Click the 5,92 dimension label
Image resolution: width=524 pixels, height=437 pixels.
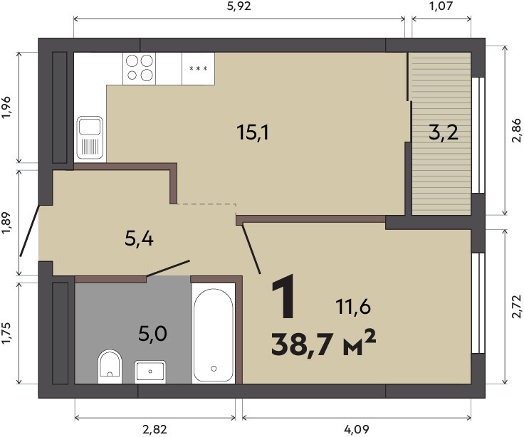click(x=239, y=6)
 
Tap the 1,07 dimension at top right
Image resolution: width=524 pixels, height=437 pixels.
click(x=441, y=6)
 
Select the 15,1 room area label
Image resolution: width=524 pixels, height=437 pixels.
click(x=252, y=132)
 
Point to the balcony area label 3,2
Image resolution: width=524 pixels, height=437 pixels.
click(x=443, y=133)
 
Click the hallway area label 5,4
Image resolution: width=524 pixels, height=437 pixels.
click(x=139, y=238)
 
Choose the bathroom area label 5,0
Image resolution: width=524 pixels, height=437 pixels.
click(x=152, y=333)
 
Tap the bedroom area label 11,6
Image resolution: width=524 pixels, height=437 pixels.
click(x=353, y=307)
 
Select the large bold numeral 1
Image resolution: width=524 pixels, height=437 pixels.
click(x=283, y=296)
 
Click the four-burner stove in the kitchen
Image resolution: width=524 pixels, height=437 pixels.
click(x=140, y=68)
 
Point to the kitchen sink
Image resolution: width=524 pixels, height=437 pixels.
click(x=90, y=137)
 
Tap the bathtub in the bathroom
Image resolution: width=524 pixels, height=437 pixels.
click(x=214, y=334)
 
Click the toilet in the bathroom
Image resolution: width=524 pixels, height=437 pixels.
click(x=110, y=367)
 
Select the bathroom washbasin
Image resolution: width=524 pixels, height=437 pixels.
click(x=150, y=372)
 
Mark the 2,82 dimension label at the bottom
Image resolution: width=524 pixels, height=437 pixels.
click(x=154, y=429)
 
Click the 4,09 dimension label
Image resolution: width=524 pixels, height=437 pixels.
click(x=356, y=429)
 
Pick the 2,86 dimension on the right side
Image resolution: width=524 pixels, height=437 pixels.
click(x=516, y=130)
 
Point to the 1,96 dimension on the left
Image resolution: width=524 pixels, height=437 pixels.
click(x=6, y=107)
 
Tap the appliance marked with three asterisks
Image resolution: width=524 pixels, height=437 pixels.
click(x=198, y=68)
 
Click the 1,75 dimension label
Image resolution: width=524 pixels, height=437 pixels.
click(x=6, y=333)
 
